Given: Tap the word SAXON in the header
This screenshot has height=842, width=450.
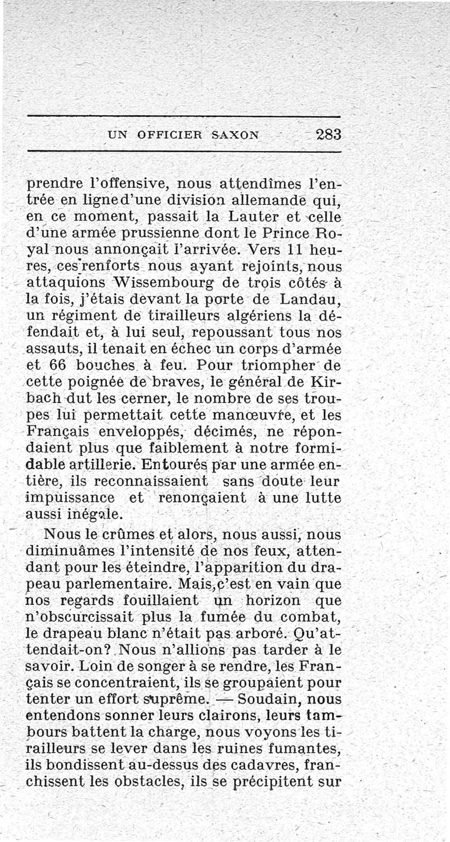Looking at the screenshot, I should coord(235,135).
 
